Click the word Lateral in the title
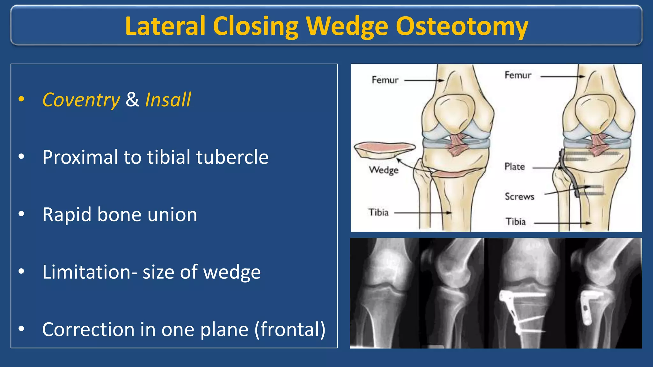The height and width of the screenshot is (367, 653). point(165,26)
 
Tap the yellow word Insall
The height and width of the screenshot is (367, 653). point(168,100)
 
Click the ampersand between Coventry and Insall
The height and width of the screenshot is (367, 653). point(132,100)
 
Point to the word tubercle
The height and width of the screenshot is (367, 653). point(232,157)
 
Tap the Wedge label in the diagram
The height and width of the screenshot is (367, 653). point(384,170)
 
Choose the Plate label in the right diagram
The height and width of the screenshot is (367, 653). point(514,167)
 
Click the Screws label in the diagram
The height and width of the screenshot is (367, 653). point(519,196)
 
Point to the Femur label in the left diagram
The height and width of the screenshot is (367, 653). point(385,80)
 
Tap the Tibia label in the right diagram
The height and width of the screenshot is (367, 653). point(516,222)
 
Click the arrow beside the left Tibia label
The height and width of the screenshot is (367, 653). point(422,213)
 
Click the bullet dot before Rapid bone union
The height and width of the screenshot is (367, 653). point(21,214)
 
